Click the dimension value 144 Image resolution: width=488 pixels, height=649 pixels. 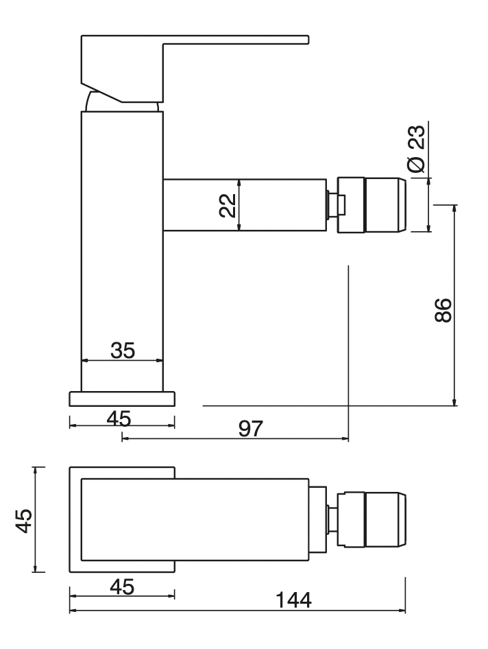coord(293,600)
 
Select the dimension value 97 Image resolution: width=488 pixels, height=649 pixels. coord(251,429)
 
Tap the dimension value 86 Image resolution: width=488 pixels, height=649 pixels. coord(443,309)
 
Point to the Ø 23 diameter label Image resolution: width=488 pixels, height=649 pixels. coord(416,148)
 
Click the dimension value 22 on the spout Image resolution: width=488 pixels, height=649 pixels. coord(228,205)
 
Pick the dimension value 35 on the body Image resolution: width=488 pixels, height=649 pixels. coord(123,350)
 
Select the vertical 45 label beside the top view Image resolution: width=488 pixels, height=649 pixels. coord(23,521)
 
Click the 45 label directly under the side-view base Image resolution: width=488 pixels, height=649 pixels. coord(119,418)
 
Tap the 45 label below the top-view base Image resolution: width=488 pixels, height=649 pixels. coord(123,587)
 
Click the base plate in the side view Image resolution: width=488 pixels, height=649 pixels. coord(122,399)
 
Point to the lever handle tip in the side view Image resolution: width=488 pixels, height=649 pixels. coord(307,40)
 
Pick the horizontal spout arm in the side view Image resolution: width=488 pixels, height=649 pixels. coord(245,205)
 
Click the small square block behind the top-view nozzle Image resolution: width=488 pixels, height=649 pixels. coord(317,520)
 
